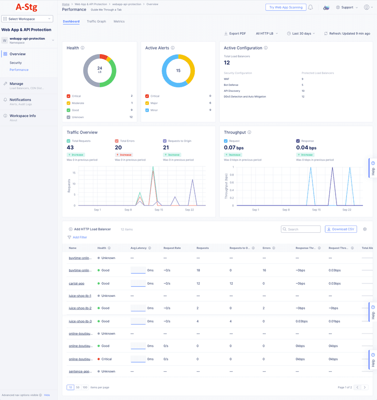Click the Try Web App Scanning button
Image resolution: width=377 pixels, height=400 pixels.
tap(285, 7)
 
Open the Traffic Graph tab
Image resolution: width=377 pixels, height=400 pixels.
tap(96, 21)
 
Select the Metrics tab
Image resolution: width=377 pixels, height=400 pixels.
tap(119, 21)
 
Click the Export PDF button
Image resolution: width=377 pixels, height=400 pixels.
tap(235, 34)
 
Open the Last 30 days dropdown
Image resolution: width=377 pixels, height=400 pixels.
tap(301, 34)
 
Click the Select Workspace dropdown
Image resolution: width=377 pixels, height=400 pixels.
tap(27, 19)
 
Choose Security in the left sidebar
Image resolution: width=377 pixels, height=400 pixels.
tap(15, 63)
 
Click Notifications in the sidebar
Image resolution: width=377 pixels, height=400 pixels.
tap(20, 100)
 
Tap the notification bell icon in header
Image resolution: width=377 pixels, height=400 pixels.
tap(311, 7)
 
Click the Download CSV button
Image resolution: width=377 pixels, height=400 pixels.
tap(341, 229)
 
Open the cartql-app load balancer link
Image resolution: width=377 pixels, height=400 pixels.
tap(76, 283)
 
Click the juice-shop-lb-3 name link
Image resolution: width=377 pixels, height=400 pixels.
tap(80, 321)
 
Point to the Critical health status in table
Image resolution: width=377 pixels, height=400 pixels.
tap(107, 359)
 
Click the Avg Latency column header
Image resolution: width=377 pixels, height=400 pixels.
tap(139, 248)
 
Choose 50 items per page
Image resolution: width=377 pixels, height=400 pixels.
tap(77, 387)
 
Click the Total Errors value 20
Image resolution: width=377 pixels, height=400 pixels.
tap(118, 148)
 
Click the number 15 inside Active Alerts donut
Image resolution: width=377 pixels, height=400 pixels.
tap(178, 70)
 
